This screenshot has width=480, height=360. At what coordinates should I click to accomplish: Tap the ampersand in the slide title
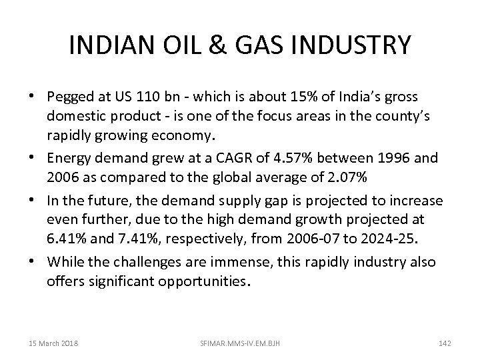(x=221, y=46)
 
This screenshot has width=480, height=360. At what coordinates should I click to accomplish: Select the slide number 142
(x=445, y=343)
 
